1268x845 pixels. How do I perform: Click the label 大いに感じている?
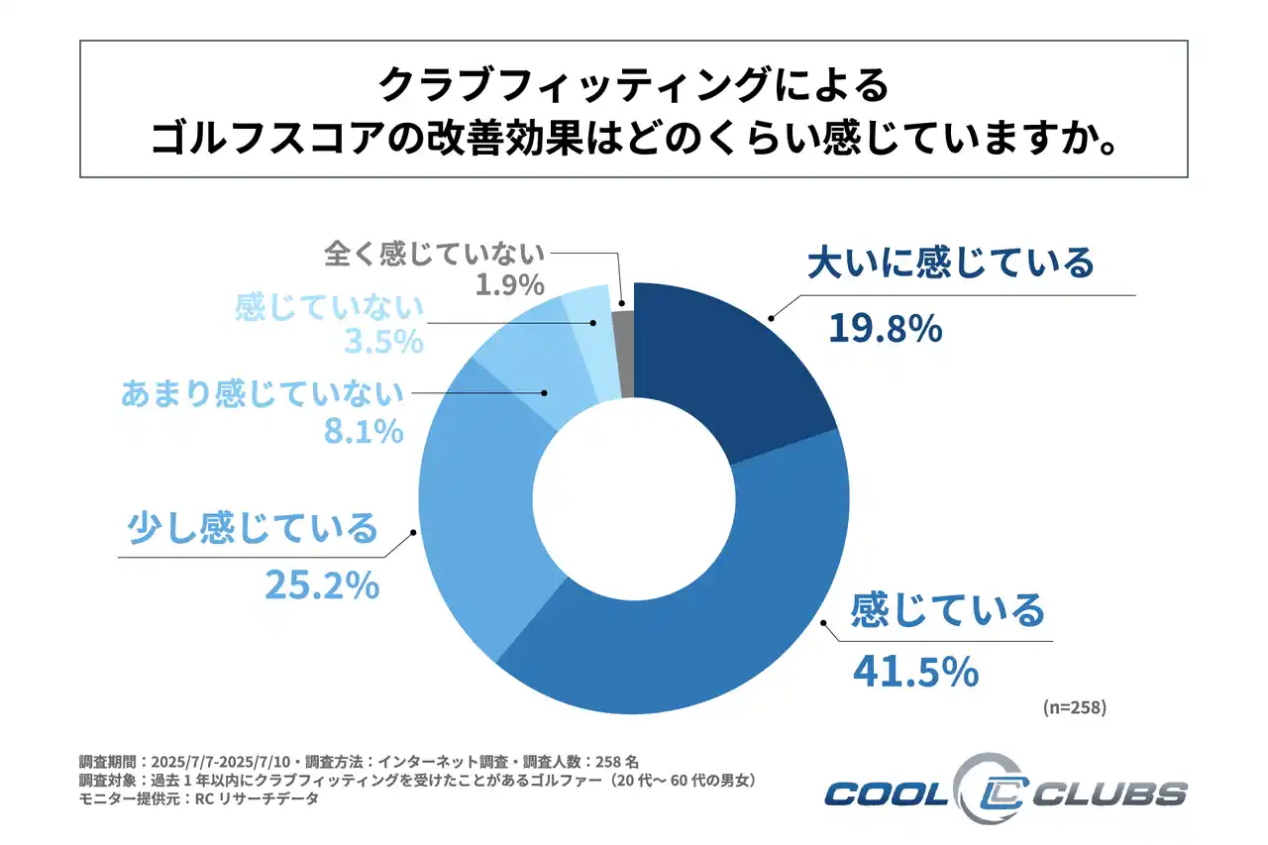pyautogui.click(x=949, y=264)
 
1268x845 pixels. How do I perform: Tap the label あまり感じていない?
pyautogui.click(x=263, y=393)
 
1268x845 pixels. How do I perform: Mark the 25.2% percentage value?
pyautogui.click(x=321, y=585)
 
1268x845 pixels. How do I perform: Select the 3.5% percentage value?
pyautogui.click(x=385, y=343)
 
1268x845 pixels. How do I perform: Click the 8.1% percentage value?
pyautogui.click(x=366, y=431)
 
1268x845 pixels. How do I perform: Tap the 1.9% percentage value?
pyautogui.click(x=506, y=285)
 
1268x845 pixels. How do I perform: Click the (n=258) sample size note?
pyautogui.click(x=1074, y=707)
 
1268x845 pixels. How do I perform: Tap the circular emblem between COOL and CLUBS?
pyautogui.click(x=985, y=791)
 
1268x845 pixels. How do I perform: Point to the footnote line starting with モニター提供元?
pyautogui.click(x=198, y=799)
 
